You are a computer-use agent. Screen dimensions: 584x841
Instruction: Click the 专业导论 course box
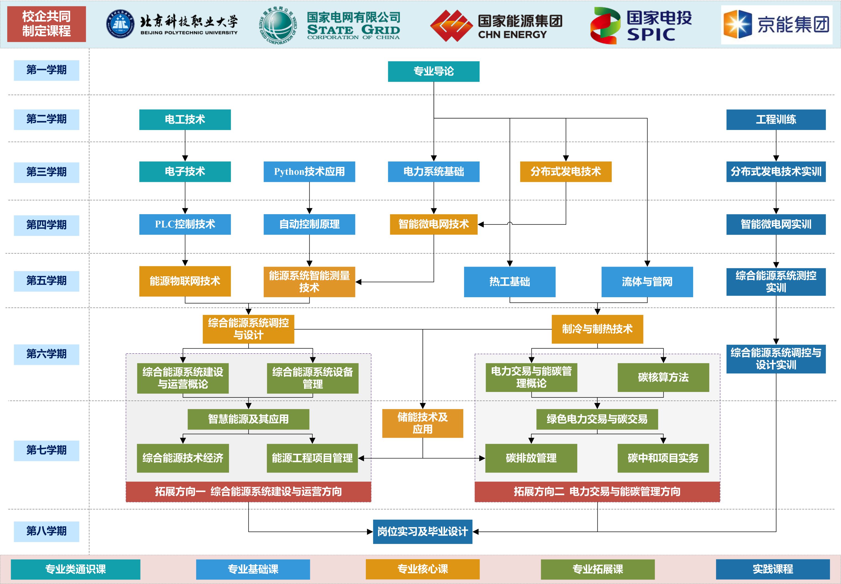tap(433, 71)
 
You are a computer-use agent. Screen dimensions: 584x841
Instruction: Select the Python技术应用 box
tap(309, 172)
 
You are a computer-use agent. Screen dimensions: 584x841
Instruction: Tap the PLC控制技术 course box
tap(185, 224)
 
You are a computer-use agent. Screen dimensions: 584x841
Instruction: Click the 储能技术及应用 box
tap(422, 423)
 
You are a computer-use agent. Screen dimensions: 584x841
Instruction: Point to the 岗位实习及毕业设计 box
tap(422, 531)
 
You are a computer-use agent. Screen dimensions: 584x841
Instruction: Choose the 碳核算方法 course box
tap(663, 377)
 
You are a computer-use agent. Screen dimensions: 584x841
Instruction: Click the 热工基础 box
tap(510, 282)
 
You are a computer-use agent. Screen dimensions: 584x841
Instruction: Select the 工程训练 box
tap(776, 120)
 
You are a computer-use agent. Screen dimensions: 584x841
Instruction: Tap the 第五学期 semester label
tap(46, 281)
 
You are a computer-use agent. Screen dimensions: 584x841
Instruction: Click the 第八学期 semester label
tap(46, 531)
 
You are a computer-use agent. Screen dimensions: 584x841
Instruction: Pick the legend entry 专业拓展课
tap(597, 569)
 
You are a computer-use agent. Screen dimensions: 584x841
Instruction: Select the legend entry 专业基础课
tap(253, 569)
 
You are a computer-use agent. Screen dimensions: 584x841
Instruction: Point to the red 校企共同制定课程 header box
tap(46, 24)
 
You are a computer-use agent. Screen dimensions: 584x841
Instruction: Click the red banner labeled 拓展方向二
tap(597, 492)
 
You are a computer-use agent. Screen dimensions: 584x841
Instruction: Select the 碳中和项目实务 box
tap(663, 458)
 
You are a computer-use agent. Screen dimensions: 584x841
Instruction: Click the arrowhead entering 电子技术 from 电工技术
tap(185, 158)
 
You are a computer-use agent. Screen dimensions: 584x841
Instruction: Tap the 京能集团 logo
tap(776, 25)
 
